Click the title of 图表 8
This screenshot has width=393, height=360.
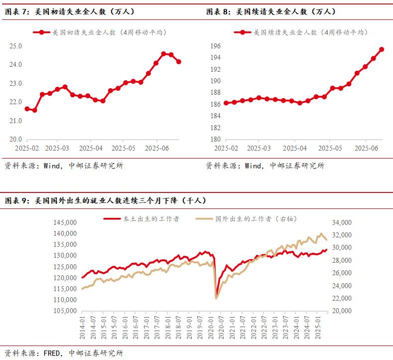(271, 11)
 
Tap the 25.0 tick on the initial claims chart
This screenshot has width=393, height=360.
(16, 46)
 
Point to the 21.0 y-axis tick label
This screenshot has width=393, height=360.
(16, 121)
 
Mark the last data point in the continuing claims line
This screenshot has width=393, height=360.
(382, 49)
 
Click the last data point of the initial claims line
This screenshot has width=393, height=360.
(179, 62)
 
